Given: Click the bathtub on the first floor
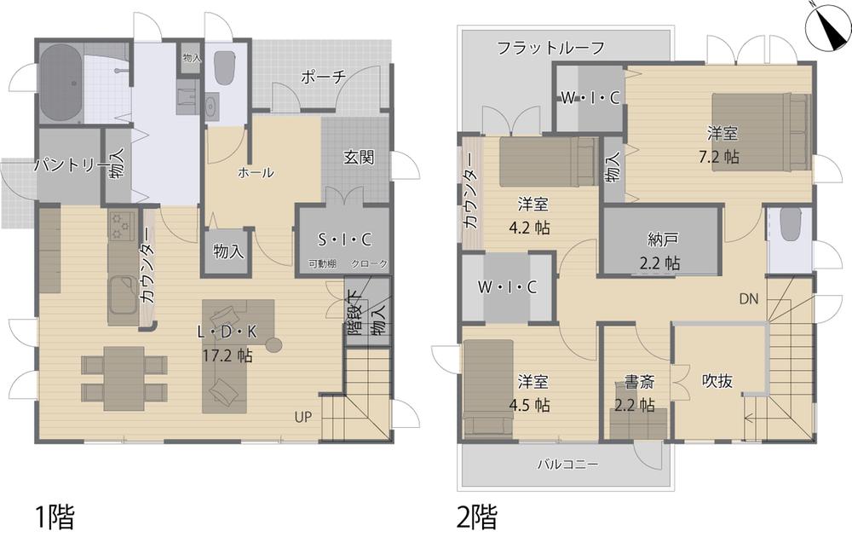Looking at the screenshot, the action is [x=60, y=83].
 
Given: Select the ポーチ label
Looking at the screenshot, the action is [x=323, y=78].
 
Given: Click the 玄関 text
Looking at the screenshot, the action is [x=359, y=157].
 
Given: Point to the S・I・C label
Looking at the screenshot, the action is [x=344, y=240].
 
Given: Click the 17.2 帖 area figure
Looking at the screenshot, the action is [x=227, y=356].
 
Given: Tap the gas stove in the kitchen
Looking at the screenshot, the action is [x=122, y=226].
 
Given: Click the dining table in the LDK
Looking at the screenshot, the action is [x=124, y=378].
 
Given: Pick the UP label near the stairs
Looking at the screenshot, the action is [x=303, y=417].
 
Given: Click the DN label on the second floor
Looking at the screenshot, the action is [x=748, y=298].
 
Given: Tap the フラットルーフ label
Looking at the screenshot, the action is [x=551, y=48].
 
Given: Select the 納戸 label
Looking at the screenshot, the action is [x=663, y=240].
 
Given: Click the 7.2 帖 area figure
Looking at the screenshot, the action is [x=719, y=157].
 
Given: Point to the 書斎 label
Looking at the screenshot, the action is [x=639, y=382].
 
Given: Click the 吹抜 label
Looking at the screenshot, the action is [x=717, y=381].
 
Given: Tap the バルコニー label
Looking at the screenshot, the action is [x=567, y=465].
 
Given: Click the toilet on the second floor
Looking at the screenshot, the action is [x=790, y=223].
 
